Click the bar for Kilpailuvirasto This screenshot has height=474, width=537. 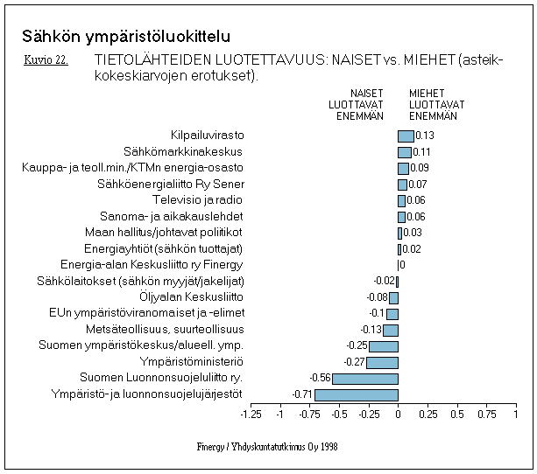[x=406, y=136]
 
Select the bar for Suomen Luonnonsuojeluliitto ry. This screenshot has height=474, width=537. [x=365, y=379]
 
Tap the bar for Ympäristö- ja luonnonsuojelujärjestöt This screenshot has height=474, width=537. [x=357, y=395]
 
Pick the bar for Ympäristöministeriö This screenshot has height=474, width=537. [x=382, y=362]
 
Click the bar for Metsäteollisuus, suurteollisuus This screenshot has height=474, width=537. [x=390, y=330]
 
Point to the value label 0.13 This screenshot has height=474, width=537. [x=425, y=136]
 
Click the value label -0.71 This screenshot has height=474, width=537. [x=303, y=395]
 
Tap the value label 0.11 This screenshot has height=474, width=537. [x=421, y=152]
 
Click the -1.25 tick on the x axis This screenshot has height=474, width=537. [x=251, y=415]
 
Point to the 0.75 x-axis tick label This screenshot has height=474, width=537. [x=486, y=415]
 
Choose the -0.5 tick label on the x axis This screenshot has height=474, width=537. [x=339, y=415]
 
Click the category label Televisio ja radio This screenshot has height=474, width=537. [x=201, y=200]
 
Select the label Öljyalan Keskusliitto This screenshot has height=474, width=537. [x=192, y=297]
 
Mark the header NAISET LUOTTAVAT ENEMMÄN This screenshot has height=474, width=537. [x=360, y=104]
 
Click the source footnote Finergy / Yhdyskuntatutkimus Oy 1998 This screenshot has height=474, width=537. [x=267, y=446]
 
